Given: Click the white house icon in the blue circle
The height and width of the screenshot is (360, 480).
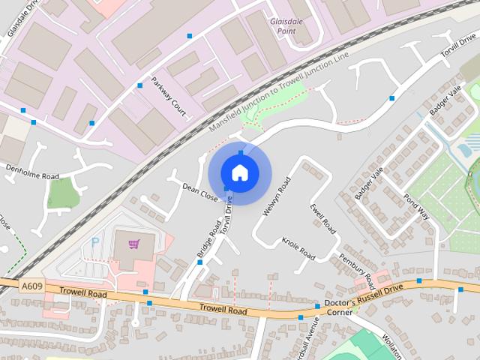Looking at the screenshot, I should pyautogui.click(x=239, y=173).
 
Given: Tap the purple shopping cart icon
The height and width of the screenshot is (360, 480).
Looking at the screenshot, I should pyautogui.click(x=134, y=243).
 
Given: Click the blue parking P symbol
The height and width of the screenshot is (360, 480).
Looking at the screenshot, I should pyautogui.click(x=94, y=242).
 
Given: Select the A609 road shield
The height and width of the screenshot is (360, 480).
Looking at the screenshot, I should pyautogui.click(x=31, y=286).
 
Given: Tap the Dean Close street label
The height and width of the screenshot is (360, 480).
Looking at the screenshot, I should pyautogui.click(x=199, y=193).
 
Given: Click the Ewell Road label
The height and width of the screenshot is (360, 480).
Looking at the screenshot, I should pyautogui.click(x=319, y=216).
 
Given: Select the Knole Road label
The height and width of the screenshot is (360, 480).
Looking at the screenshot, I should pyautogui.click(x=298, y=248).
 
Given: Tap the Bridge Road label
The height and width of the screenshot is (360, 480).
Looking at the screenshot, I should pyautogui.click(x=209, y=238).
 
